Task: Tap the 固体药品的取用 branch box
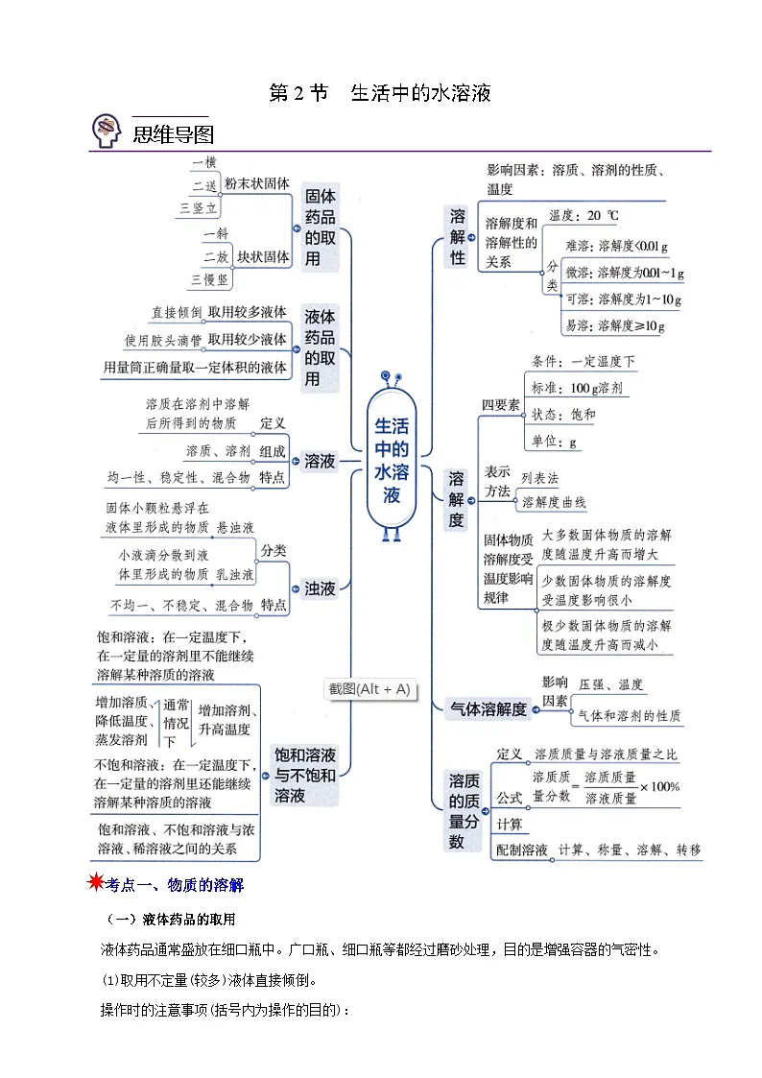[x=321, y=228]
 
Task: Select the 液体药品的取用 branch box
[x=321, y=347]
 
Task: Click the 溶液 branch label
[x=321, y=462]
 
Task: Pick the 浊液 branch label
[x=321, y=588]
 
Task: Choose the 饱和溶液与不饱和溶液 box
[x=305, y=775]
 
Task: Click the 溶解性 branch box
[x=458, y=236]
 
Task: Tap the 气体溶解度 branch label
[x=488, y=708]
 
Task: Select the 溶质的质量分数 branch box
[x=464, y=811]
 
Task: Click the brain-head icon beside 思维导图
[x=106, y=131]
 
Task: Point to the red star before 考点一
[x=96, y=881]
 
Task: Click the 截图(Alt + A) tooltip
[x=369, y=689]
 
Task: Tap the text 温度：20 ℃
[x=584, y=216]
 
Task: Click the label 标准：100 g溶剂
[x=577, y=388]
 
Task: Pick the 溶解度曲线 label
[x=554, y=502]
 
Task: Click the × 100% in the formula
[x=659, y=786]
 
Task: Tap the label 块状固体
[x=263, y=257]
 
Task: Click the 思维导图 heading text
[x=173, y=134]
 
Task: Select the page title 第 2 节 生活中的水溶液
[x=380, y=93]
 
